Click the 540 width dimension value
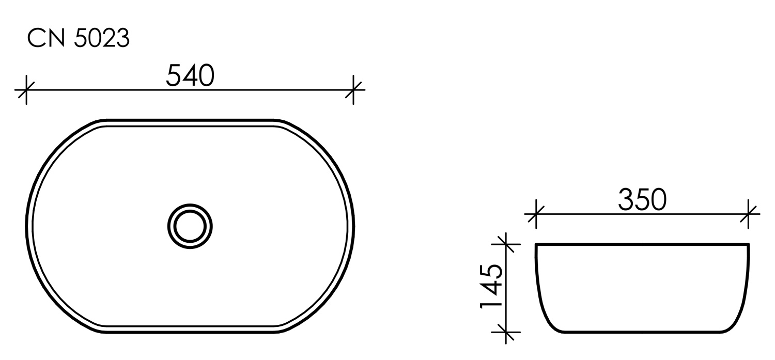[190, 77]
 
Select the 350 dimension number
[642, 200]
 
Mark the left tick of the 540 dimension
[26, 90]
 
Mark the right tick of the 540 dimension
[353, 90]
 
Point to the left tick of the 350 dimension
[536, 213]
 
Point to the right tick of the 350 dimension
[749, 213]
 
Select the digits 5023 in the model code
[102, 39]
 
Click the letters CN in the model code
[47, 39]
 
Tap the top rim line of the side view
[642, 244]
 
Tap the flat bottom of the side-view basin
[642, 331]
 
